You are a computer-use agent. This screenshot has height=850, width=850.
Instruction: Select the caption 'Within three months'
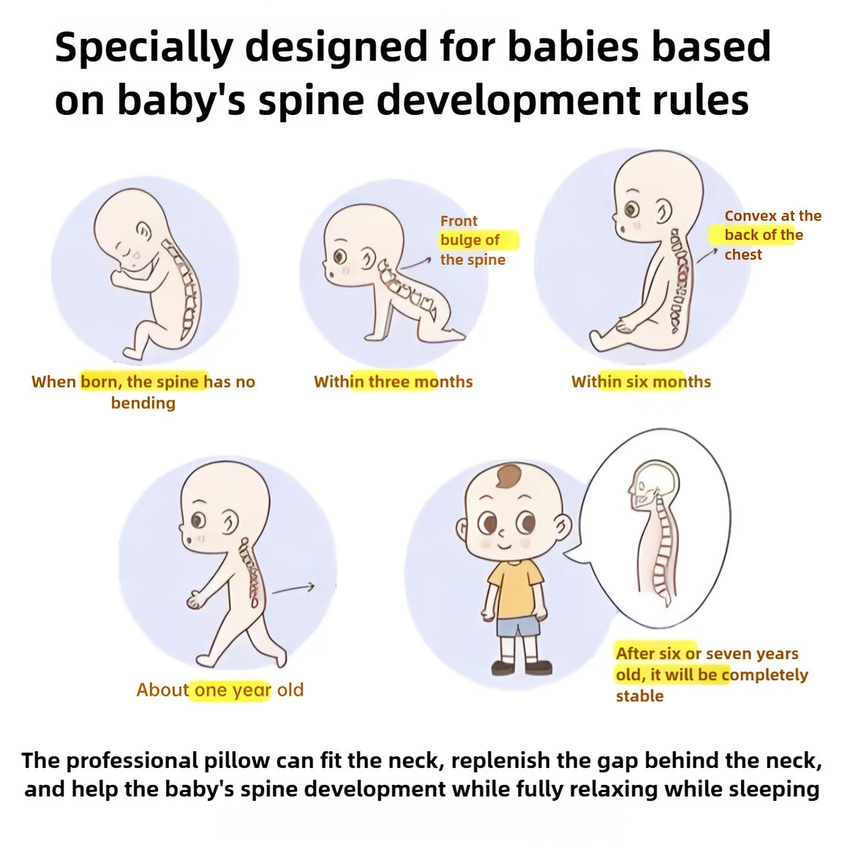point(393,382)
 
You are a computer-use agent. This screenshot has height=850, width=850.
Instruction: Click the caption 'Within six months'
point(641,382)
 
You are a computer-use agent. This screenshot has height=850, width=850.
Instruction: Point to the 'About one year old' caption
point(219,690)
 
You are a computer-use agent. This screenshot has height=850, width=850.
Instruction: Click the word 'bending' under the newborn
point(143,403)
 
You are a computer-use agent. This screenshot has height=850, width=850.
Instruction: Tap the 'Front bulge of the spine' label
point(473,240)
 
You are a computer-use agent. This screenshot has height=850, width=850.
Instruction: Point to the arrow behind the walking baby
point(294,588)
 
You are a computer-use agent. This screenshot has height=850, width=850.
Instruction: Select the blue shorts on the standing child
point(518,628)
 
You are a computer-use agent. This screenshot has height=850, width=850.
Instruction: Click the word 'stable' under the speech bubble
point(640,696)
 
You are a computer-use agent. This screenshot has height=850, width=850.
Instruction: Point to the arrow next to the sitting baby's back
point(707,255)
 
